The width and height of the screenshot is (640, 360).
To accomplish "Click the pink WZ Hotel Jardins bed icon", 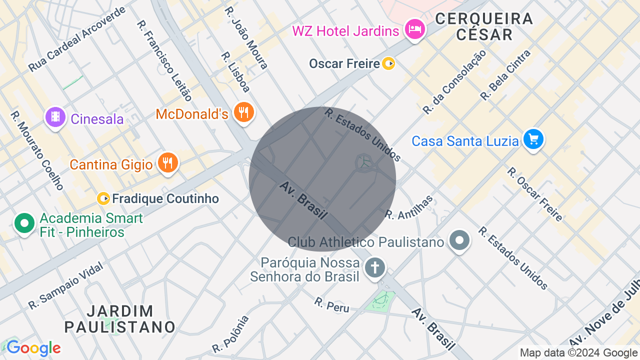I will [x=414, y=29].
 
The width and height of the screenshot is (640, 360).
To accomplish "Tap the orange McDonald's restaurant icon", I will [x=244, y=112].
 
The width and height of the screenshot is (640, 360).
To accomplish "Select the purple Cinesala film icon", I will [x=55, y=117].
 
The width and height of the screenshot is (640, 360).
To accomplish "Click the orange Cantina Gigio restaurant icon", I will [x=168, y=163].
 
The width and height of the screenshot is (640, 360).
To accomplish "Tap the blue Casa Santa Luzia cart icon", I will [x=533, y=139].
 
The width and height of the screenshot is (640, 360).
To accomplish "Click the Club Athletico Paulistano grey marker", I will [x=459, y=240].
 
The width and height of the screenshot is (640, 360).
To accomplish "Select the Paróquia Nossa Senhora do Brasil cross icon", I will [x=374, y=267].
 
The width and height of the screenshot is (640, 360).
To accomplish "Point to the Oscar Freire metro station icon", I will [x=388, y=63].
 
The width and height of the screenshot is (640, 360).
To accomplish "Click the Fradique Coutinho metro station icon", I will [x=103, y=198].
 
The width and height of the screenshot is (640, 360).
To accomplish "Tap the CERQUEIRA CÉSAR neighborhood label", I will [x=484, y=26].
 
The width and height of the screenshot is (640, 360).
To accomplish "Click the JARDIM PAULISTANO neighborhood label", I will [x=120, y=319].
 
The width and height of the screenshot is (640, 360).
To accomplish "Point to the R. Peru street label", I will [x=331, y=304].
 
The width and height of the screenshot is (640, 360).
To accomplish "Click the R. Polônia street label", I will [x=230, y=334].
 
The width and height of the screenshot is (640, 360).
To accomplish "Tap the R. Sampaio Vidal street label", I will [x=65, y=285].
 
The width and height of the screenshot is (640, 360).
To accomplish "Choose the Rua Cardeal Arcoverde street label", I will [x=77, y=39].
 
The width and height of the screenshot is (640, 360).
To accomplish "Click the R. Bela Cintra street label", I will [x=505, y=75].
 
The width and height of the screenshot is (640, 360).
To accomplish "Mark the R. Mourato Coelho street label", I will [x=37, y=150].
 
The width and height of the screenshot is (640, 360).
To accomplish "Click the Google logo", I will [x=33, y=348].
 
